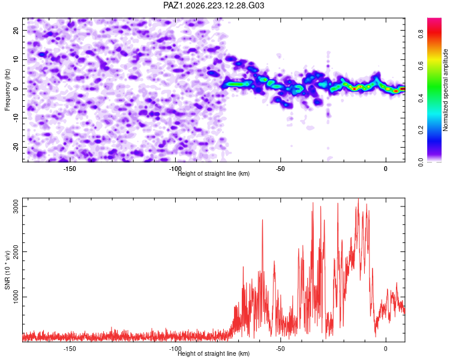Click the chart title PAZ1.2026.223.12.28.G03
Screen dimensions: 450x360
tap(214, 5)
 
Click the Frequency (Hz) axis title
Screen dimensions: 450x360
tap(7, 90)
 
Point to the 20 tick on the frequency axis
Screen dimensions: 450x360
tap(16, 30)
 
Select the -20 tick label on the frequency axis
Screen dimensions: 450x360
tap(16, 148)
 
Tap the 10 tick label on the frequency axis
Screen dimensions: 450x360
tap(16, 59)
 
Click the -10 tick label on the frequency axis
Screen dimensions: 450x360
tap(16, 118)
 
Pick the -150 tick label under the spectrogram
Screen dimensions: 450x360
tap(69, 169)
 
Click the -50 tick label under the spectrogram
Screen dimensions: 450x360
tap(280, 169)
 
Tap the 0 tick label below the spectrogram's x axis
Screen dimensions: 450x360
tap(386, 169)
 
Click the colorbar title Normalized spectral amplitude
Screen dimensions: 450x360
tap(445, 90)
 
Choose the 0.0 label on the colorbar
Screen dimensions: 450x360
tap(421, 162)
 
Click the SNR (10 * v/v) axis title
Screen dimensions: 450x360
tap(7, 270)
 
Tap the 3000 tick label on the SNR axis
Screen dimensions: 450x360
tap(16, 206)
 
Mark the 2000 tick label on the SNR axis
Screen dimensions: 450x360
tap(16, 252)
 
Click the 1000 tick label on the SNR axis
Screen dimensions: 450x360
tap(16, 297)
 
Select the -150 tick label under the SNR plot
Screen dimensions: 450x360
tap(69, 349)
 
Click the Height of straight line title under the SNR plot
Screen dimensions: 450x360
tap(214, 353)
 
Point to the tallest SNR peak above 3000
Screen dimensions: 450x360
tap(358, 199)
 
